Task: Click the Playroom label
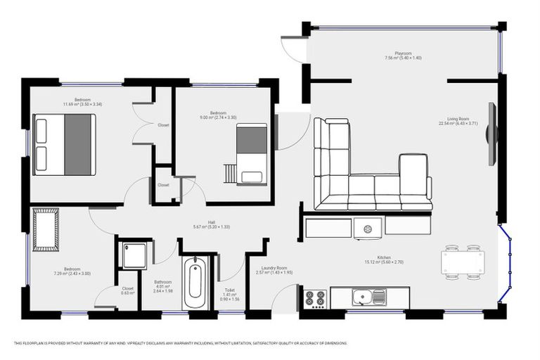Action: tap(402, 54)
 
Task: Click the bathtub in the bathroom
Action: tap(195, 285)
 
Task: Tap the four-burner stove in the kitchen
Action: tap(315, 297)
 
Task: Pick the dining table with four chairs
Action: tap(462, 262)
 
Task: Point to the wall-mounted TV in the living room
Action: tap(491, 134)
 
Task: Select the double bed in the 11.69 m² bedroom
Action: tap(63, 143)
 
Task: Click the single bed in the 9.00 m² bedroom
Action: tap(251, 153)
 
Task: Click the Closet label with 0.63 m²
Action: tap(127, 290)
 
